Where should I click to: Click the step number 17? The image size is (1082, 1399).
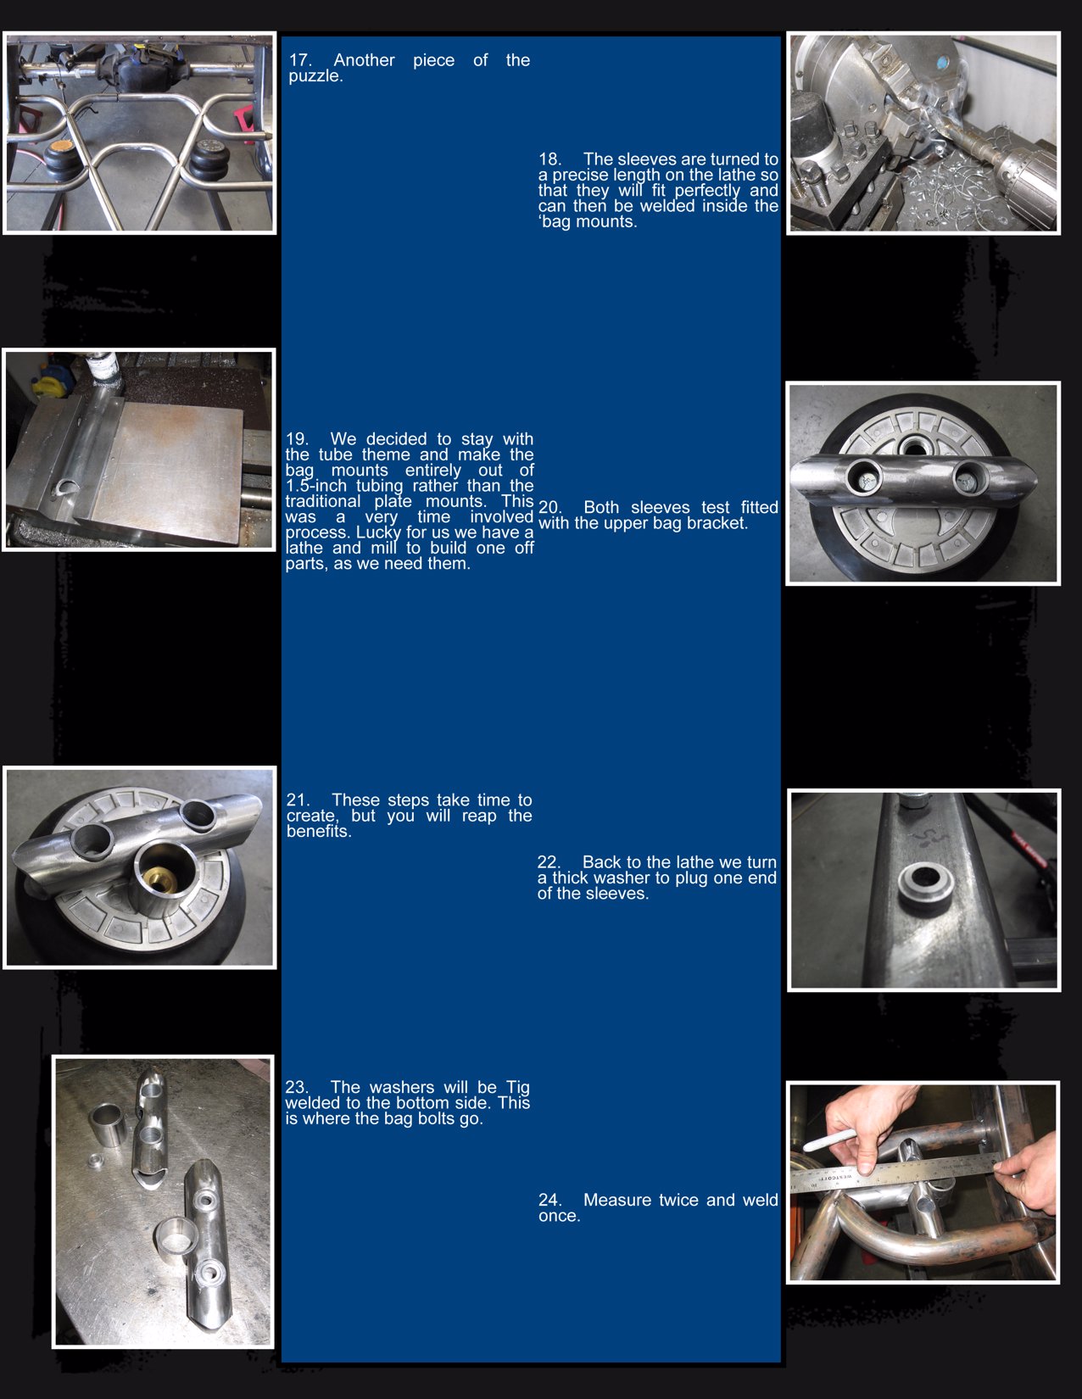[x=300, y=60]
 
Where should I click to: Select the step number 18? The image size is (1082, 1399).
[x=549, y=159]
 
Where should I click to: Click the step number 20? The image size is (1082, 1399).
[x=549, y=508]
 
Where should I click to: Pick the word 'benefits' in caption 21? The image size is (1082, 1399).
[x=316, y=832]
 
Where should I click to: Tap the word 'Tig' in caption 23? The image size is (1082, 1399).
[x=517, y=1087]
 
